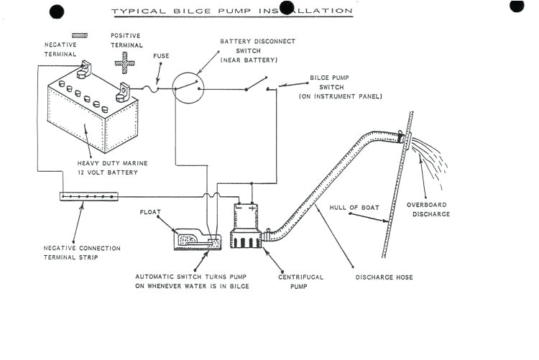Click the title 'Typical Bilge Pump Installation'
point(231,11)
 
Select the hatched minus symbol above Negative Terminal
point(80,34)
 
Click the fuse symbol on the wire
point(153,88)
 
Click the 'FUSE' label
point(161,55)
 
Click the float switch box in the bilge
point(198,239)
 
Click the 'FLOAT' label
point(153,212)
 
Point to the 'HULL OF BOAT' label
point(354,208)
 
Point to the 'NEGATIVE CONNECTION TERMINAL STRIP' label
point(82,252)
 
